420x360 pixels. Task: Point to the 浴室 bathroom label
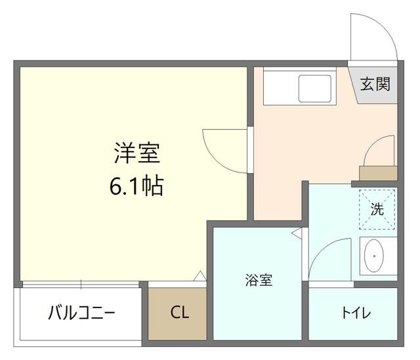coord(259,281)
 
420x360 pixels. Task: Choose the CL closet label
coord(179,313)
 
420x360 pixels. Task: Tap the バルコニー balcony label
coord(81,313)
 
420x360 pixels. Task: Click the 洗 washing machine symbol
coord(377,209)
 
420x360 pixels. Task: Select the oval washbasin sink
coord(374,256)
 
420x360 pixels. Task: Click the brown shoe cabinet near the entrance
coord(379,173)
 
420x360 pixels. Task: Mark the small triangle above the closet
coord(200,277)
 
